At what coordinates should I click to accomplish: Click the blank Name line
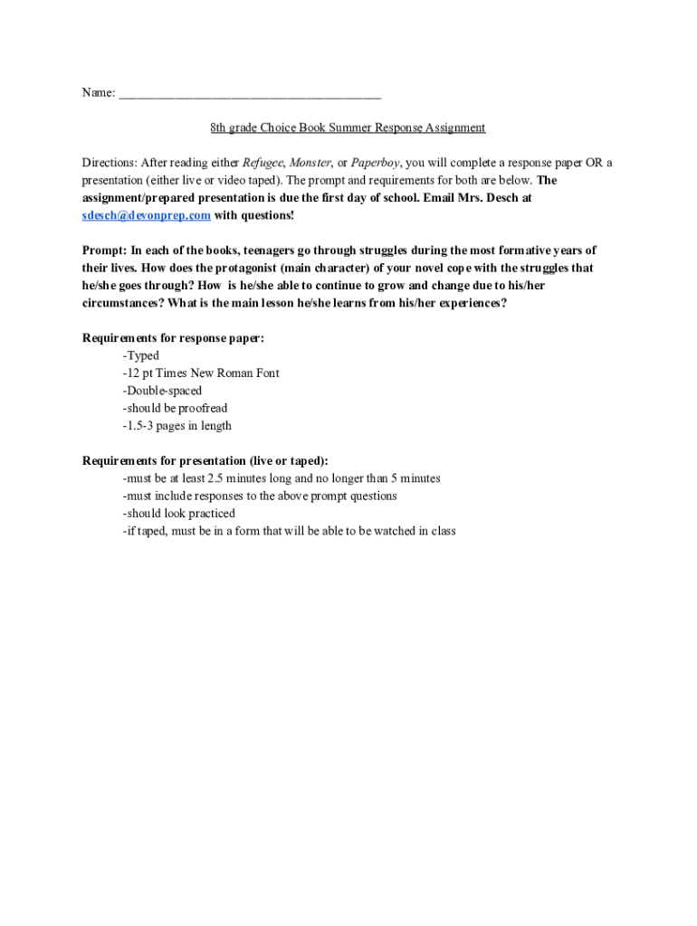pos(249,93)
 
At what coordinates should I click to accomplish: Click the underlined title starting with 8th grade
pos(348,128)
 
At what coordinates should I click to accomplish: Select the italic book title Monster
pos(309,163)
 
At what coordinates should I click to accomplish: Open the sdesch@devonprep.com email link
pos(147,215)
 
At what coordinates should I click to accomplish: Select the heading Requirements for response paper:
pos(174,338)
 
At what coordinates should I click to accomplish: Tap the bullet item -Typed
pos(140,356)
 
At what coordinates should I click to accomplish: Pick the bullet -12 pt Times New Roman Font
pos(201,373)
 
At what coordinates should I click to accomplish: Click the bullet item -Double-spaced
pos(162,391)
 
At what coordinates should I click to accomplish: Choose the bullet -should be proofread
pos(175,409)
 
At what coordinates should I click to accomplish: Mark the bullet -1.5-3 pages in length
pos(177,426)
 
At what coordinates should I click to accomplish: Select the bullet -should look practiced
pos(177,514)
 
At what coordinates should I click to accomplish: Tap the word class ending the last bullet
pos(443,531)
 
